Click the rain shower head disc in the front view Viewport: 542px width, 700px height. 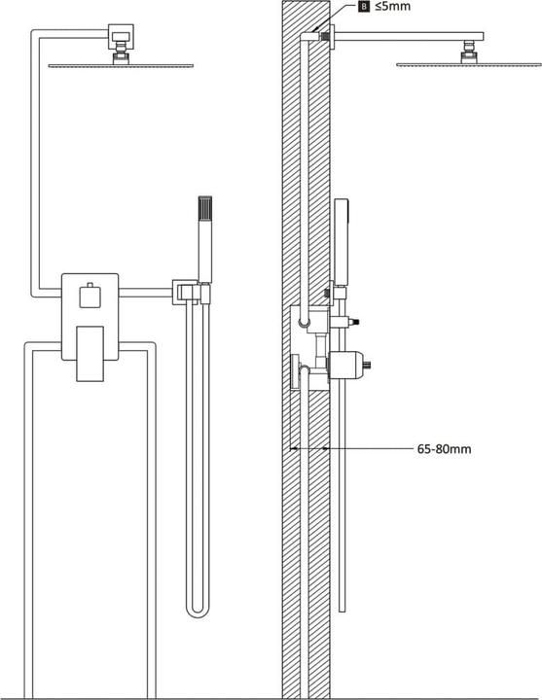(122, 66)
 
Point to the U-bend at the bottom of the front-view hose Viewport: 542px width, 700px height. (198, 609)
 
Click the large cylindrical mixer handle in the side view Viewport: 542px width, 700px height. (347, 367)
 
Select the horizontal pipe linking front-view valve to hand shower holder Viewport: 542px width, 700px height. (146, 289)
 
